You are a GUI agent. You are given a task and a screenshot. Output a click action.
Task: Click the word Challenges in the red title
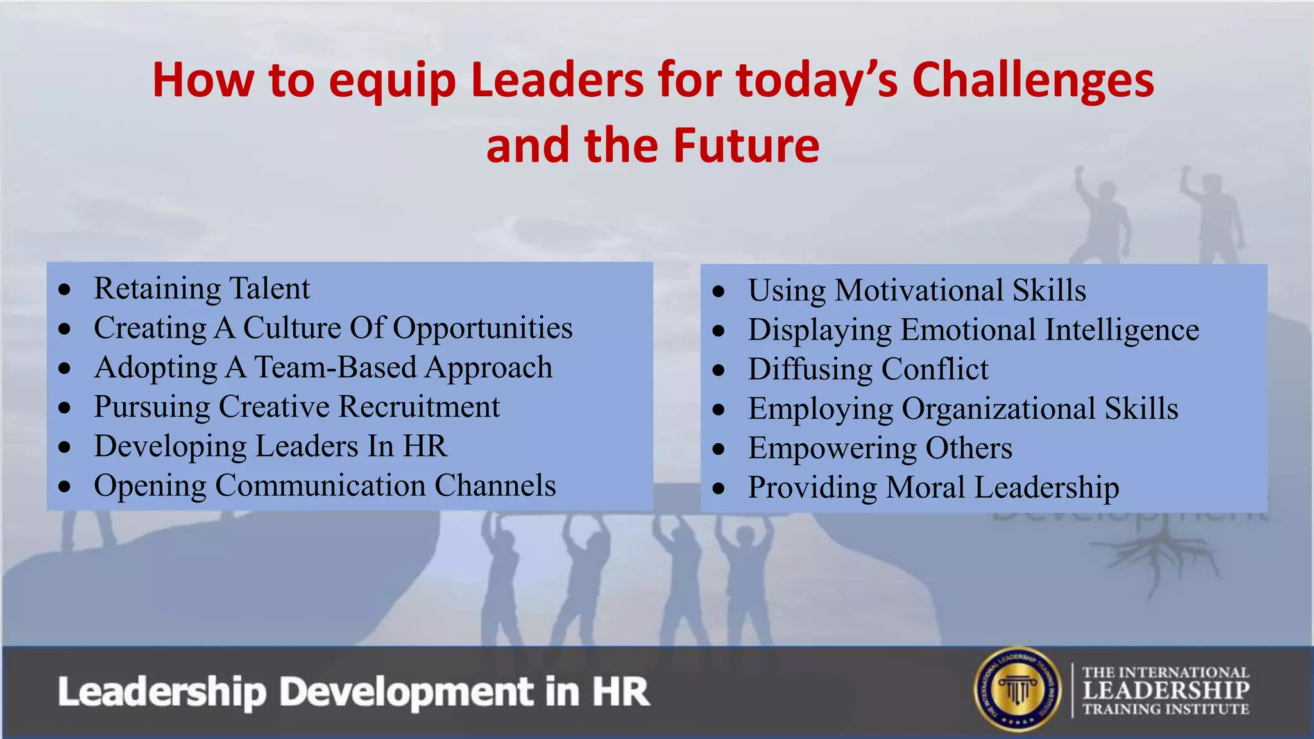tap(1032, 80)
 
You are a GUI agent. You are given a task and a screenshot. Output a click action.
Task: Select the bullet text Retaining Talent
tap(201, 289)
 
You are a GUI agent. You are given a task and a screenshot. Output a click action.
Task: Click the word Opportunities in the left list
tap(482, 328)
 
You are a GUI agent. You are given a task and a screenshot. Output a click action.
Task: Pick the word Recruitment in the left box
tap(419, 407)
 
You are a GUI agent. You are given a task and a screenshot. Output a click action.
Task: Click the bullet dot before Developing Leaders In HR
tap(64, 447)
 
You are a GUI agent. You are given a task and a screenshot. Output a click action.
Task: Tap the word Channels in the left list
tap(495, 486)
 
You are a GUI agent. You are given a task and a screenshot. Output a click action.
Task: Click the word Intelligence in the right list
tap(1122, 330)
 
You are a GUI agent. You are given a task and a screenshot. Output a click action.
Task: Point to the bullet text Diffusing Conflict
tap(867, 369)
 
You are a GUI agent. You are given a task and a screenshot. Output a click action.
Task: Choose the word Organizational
tap(998, 409)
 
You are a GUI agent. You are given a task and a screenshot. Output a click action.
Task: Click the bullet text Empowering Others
tap(880, 448)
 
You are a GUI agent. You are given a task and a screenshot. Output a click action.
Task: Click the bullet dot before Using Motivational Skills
tap(719, 292)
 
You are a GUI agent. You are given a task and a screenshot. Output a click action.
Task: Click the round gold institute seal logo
tap(1018, 689)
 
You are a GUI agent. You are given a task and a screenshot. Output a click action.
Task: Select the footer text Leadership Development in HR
tap(354, 692)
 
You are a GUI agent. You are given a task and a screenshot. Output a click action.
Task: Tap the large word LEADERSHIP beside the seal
tap(1166, 690)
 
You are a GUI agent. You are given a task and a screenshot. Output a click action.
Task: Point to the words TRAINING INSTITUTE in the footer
tap(1166, 709)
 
